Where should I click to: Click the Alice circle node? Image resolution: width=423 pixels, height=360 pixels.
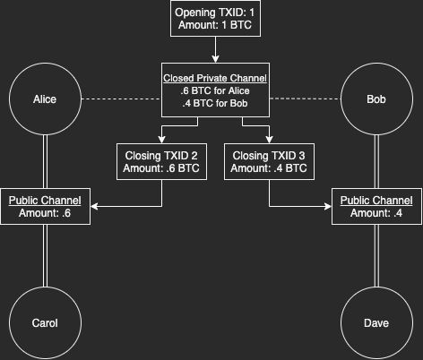[45, 99]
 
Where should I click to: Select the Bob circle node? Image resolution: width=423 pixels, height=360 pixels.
[377, 99]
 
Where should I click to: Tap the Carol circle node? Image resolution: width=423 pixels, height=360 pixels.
[45, 323]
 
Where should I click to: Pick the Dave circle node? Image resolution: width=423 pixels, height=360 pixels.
[377, 323]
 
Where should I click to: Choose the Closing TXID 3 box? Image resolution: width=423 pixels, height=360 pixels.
[269, 161]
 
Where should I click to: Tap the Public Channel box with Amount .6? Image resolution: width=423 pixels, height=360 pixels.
[45, 206]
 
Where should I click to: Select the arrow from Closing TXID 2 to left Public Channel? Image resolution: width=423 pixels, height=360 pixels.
[134, 206]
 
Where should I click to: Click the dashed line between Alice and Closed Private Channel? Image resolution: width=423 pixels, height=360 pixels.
[121, 99]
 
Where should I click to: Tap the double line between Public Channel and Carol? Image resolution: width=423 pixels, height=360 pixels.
[45, 255]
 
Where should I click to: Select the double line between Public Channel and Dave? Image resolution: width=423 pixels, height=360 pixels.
[377, 255]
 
